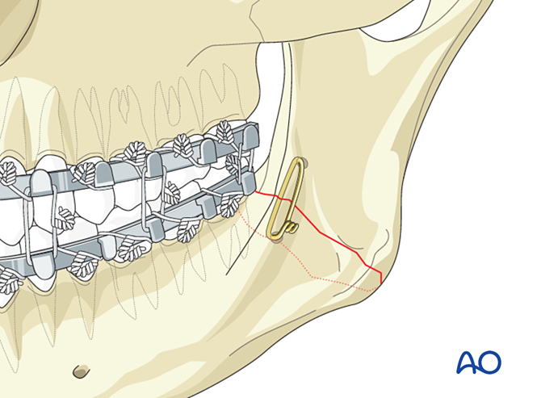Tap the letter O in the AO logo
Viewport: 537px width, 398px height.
coord(489,362)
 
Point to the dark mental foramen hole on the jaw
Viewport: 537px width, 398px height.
coord(82,371)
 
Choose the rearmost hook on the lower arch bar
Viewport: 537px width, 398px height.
coord(248,182)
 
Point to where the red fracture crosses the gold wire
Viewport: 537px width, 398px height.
coord(291,199)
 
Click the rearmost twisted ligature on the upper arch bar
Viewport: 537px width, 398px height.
coord(224,131)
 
